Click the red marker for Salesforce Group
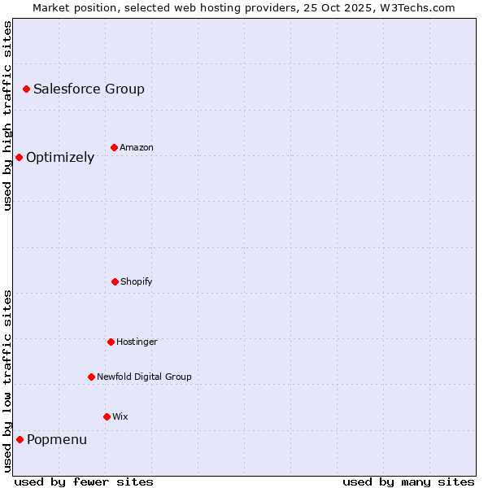pos(26,89)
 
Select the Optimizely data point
pos(19,157)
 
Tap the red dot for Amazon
pos(114,147)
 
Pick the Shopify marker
pos(115,281)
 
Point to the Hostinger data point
pos(111,342)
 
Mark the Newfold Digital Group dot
pos(91,377)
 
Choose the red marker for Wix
pos(107,416)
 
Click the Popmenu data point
pos(20,439)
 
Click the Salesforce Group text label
pos(89,89)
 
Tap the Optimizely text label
pos(60,158)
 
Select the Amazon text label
pos(137,148)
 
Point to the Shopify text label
pos(137,282)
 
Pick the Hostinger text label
pos(137,342)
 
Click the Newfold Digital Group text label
pos(144,377)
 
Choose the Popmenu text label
pos(57,440)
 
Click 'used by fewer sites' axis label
pos(84,481)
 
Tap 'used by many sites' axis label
pos(408,481)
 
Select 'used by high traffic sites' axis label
pos(7,115)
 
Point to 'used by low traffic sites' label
pos(7,381)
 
